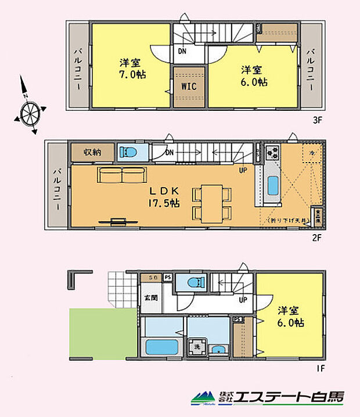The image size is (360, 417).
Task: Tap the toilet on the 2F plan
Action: click(127, 153)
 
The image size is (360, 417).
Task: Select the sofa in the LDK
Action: click(121, 174)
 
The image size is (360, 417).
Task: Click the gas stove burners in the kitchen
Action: click(272, 153)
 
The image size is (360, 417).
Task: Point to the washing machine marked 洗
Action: click(198, 344)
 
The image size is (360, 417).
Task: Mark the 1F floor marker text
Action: click(319, 368)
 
